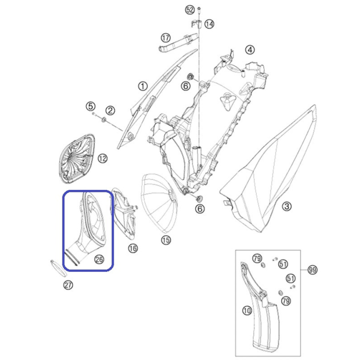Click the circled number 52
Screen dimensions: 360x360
190,10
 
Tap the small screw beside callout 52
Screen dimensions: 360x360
199,10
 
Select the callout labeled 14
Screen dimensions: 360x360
209,24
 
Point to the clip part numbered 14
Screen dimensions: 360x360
196,24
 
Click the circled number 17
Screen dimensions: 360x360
166,38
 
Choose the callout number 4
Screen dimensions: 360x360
250,50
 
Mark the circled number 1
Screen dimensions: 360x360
143,86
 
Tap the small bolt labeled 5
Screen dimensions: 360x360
94,113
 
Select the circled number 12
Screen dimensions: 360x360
102,159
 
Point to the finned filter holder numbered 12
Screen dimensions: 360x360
77,159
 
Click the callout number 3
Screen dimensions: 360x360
287,206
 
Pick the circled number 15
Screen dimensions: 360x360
166,240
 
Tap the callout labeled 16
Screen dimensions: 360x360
133,248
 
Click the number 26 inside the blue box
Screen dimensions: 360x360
99,259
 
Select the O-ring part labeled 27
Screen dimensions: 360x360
59,268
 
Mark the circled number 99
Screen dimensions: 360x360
312,270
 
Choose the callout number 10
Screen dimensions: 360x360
247,311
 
